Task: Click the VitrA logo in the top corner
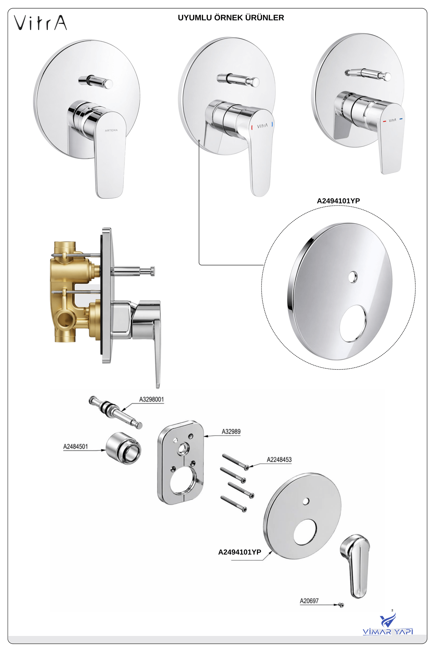41,22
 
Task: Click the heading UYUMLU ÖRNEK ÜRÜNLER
231,18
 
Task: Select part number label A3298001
151,399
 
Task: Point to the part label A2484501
75,446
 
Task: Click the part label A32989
231,432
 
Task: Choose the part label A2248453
279,460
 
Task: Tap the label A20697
309,601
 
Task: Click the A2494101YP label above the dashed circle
338,201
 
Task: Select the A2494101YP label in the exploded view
240,552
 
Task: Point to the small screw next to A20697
341,605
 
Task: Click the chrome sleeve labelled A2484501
123,448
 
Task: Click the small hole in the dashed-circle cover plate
353,277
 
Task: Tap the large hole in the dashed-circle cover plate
353,323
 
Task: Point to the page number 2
392,610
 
